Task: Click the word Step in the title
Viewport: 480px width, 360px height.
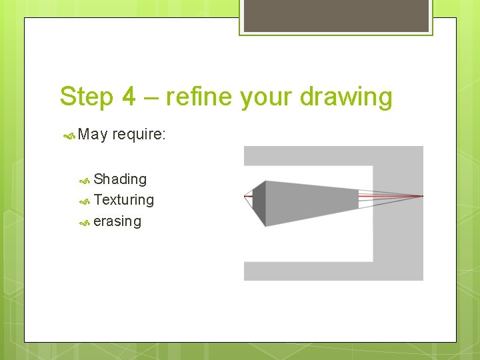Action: point(87,97)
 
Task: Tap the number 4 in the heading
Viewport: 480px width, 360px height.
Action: point(129,96)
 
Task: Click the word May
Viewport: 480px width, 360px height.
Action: point(93,135)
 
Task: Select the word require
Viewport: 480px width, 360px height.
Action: point(137,135)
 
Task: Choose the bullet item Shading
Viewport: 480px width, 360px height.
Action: point(120,179)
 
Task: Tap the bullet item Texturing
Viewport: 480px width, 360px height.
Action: point(124,200)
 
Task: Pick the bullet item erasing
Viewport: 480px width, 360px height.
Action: point(117,221)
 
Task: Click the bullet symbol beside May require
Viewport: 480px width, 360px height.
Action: point(69,135)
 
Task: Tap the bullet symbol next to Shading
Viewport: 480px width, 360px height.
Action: point(85,181)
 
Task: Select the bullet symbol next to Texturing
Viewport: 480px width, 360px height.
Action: point(85,202)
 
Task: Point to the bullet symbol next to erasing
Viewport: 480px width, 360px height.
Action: point(85,223)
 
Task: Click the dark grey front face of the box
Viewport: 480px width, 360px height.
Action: point(259,203)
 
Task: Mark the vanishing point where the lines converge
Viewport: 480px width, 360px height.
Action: point(423,196)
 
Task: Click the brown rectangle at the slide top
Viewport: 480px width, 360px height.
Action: point(336,15)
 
